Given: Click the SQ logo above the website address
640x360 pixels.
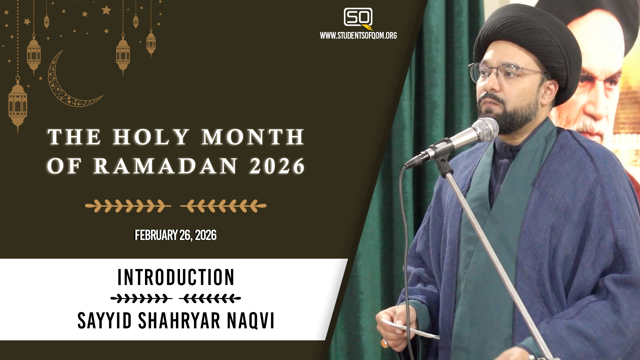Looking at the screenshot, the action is [x=358, y=19].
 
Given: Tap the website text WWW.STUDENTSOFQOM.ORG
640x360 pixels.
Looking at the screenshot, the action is [x=358, y=36].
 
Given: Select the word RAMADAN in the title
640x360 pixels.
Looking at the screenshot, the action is [x=166, y=166].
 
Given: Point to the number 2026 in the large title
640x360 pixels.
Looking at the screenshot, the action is [x=277, y=166].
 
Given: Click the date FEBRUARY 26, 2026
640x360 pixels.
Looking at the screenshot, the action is [x=176, y=235].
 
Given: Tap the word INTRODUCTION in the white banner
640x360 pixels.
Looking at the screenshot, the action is [x=176, y=277].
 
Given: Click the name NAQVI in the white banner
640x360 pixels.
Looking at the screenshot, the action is [x=251, y=321].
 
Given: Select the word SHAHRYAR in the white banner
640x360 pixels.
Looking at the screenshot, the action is [x=179, y=321].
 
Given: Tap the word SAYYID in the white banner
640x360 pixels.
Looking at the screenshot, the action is [x=105, y=321].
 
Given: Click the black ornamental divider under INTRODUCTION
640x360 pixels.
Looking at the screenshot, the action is [x=176, y=298].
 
